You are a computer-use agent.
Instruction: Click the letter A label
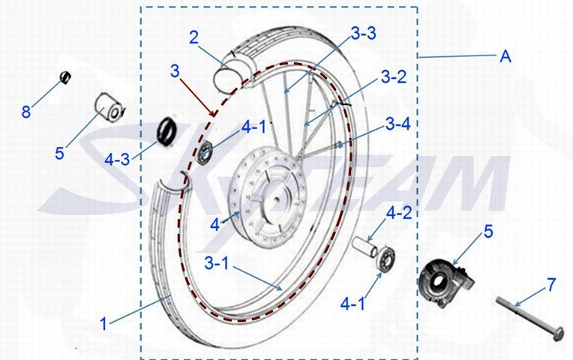point(505,57)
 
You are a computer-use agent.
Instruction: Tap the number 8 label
point(25,112)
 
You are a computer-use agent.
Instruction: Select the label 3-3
point(363,34)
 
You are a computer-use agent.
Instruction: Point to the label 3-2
point(394,77)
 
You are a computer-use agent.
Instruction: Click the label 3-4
point(398,124)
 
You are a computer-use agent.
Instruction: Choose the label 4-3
point(117,159)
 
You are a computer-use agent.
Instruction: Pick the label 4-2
point(399,213)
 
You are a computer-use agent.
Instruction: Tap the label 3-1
point(216,263)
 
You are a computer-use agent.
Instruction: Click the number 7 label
point(551,285)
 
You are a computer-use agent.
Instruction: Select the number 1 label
point(103,324)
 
